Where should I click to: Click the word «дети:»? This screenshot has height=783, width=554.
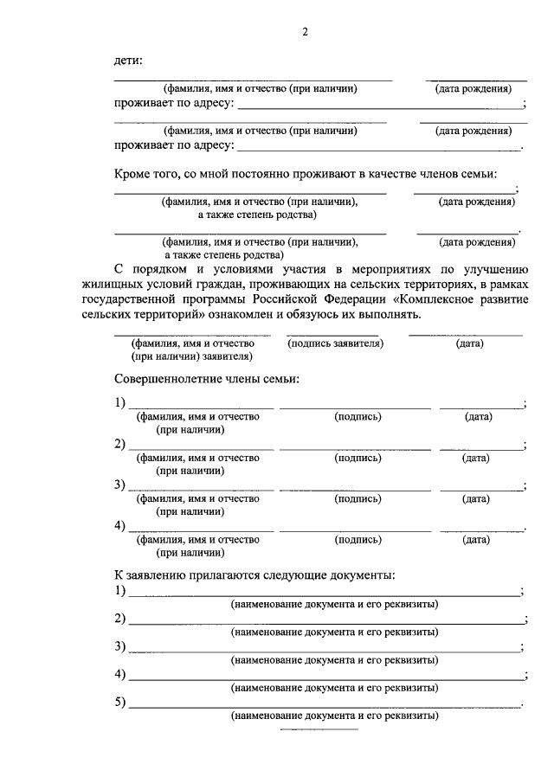[x=130, y=61]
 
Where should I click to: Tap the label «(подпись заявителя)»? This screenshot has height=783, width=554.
[x=335, y=343]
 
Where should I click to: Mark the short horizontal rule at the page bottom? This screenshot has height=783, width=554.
[x=319, y=730]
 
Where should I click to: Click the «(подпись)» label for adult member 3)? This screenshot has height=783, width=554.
[x=358, y=499]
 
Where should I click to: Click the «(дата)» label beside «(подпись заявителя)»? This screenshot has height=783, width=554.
[x=470, y=343]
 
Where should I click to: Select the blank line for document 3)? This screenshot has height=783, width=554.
[x=324, y=650]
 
